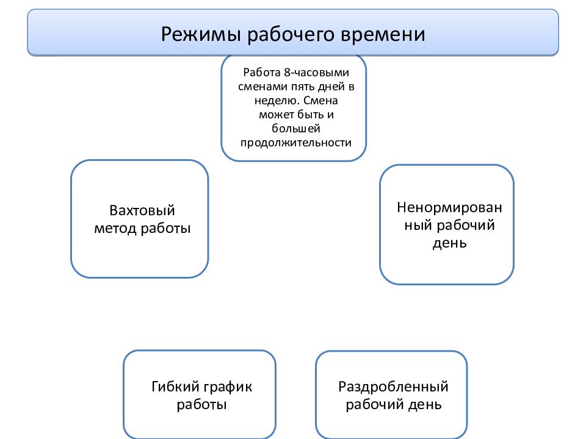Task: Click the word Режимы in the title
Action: (x=201, y=34)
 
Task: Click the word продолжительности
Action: (x=296, y=143)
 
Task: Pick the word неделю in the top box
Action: (x=277, y=101)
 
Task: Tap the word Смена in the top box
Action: (x=320, y=101)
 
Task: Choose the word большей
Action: (x=296, y=129)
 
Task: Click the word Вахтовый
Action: (x=142, y=210)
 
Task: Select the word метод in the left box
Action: (x=115, y=229)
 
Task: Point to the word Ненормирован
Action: (x=450, y=207)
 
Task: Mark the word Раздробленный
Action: (x=393, y=387)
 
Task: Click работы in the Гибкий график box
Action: (x=202, y=405)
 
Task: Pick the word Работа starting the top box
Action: (x=262, y=73)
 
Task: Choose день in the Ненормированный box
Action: (x=450, y=244)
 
